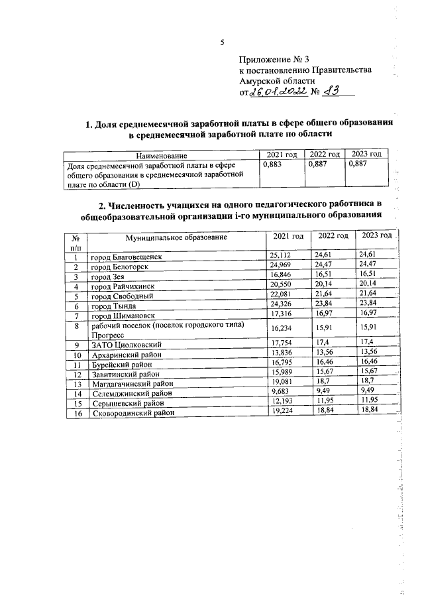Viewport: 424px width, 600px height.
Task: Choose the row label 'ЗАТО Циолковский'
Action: [123, 345]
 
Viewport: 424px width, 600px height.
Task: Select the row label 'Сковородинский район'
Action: [132, 412]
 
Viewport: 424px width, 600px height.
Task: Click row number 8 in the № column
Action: [77, 326]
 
